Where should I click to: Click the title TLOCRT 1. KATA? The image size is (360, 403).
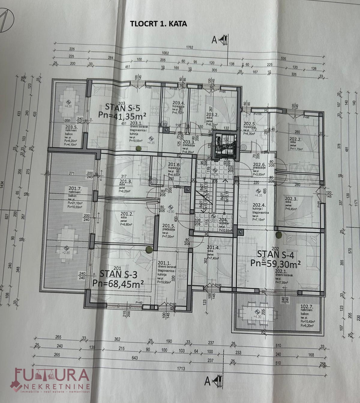[158, 24]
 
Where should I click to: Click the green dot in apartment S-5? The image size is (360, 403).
[139, 148]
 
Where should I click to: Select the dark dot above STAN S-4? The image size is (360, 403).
[278, 235]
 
